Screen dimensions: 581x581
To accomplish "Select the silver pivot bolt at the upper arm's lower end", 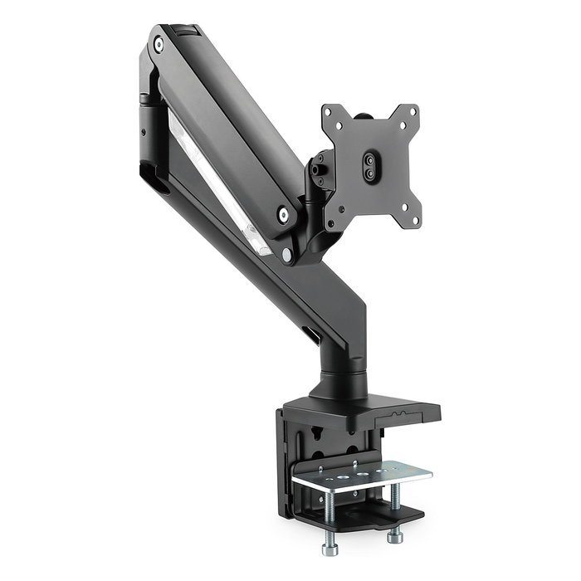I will (285, 215).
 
